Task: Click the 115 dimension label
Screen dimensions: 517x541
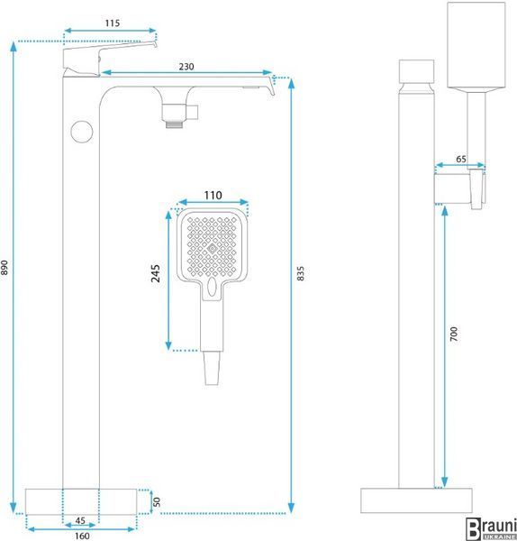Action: (113, 23)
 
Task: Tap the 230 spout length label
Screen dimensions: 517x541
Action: (186, 66)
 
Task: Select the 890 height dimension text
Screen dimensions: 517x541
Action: (5, 268)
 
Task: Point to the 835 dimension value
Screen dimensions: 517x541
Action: (301, 273)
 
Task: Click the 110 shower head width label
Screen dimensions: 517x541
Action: (213, 196)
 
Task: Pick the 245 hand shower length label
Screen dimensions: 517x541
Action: (156, 273)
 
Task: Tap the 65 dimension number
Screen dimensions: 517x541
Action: (461, 159)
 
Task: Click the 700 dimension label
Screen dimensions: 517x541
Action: (454, 334)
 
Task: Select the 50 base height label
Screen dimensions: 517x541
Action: (157, 501)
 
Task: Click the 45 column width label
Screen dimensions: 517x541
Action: (80, 520)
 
